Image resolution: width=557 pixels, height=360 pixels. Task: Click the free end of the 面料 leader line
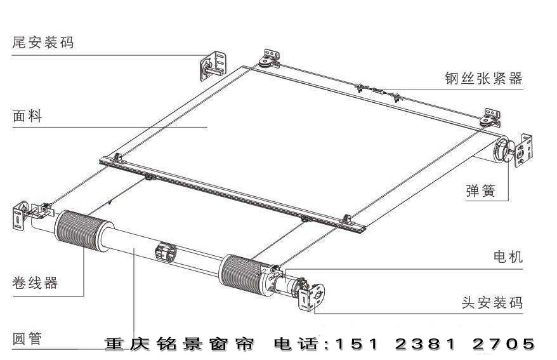tap(207, 127)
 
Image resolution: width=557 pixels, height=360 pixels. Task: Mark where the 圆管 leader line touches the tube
tap(134, 249)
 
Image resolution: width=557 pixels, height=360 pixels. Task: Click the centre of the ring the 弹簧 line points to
tap(502, 151)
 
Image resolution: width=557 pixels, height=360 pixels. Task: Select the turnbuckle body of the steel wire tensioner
tap(377, 91)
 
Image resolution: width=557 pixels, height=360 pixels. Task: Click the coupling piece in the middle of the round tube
tap(166, 252)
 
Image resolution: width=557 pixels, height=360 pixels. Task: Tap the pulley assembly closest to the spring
tap(488, 119)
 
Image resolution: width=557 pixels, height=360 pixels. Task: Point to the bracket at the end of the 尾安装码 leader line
tap(213, 66)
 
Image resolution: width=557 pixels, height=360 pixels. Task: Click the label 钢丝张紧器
tap(483, 78)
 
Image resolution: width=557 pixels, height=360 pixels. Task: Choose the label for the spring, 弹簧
tap(481, 191)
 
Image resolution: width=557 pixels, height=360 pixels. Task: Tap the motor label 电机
tap(508, 257)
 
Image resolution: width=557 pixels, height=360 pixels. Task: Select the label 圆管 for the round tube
tap(27, 338)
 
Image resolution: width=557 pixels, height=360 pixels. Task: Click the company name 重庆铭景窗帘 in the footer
tap(180, 344)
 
